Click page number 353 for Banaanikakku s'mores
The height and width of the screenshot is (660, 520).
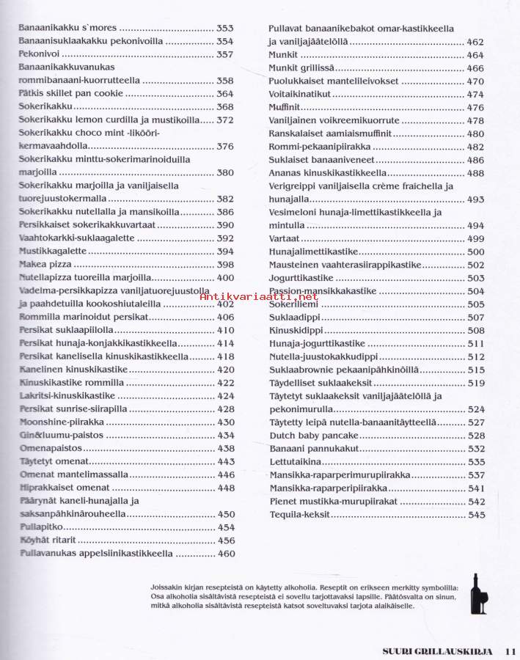click(225, 28)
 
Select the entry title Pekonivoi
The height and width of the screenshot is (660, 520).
click(40, 54)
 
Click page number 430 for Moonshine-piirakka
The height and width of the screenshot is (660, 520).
click(225, 422)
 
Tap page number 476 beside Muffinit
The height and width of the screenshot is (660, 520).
click(475, 108)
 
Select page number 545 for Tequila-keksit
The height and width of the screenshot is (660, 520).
click(476, 515)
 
